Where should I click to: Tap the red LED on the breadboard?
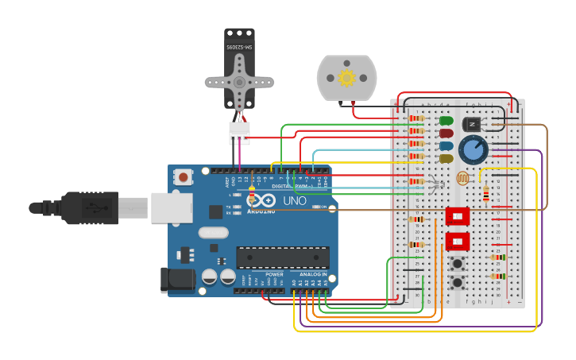pyautogui.click(x=446, y=134)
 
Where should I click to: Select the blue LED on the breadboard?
pyautogui.click(x=446, y=146)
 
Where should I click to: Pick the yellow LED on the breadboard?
pyautogui.click(x=446, y=159)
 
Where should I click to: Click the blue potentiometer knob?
pyautogui.click(x=473, y=149)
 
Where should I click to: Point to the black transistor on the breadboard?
pyautogui.click(x=472, y=125)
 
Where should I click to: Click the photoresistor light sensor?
pyautogui.click(x=462, y=179)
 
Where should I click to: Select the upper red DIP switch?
pyautogui.click(x=458, y=216)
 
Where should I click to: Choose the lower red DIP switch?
pyautogui.click(x=458, y=241)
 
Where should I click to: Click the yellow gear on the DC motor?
pyautogui.click(x=346, y=78)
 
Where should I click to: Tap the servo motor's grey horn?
pyautogui.click(x=239, y=82)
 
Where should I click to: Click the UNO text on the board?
pyautogui.click(x=295, y=201)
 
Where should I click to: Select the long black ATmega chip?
pyautogui.click(x=283, y=257)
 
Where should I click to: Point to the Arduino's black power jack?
pyautogui.click(x=176, y=281)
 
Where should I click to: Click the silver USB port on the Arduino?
pyautogui.click(x=172, y=207)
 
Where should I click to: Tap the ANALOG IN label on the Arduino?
pyautogui.click(x=313, y=274)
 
